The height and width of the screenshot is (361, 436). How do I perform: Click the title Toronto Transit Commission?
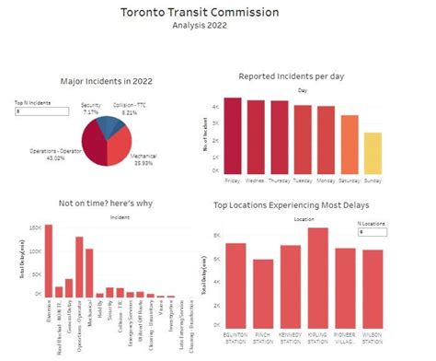pos(217,13)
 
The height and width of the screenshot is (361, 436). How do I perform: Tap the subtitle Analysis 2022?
pos(217,27)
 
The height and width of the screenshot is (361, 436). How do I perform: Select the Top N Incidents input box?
pos(41,111)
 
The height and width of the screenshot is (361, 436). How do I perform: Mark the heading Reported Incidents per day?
pos(303,76)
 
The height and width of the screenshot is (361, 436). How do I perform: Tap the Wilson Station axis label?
pos(372,329)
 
